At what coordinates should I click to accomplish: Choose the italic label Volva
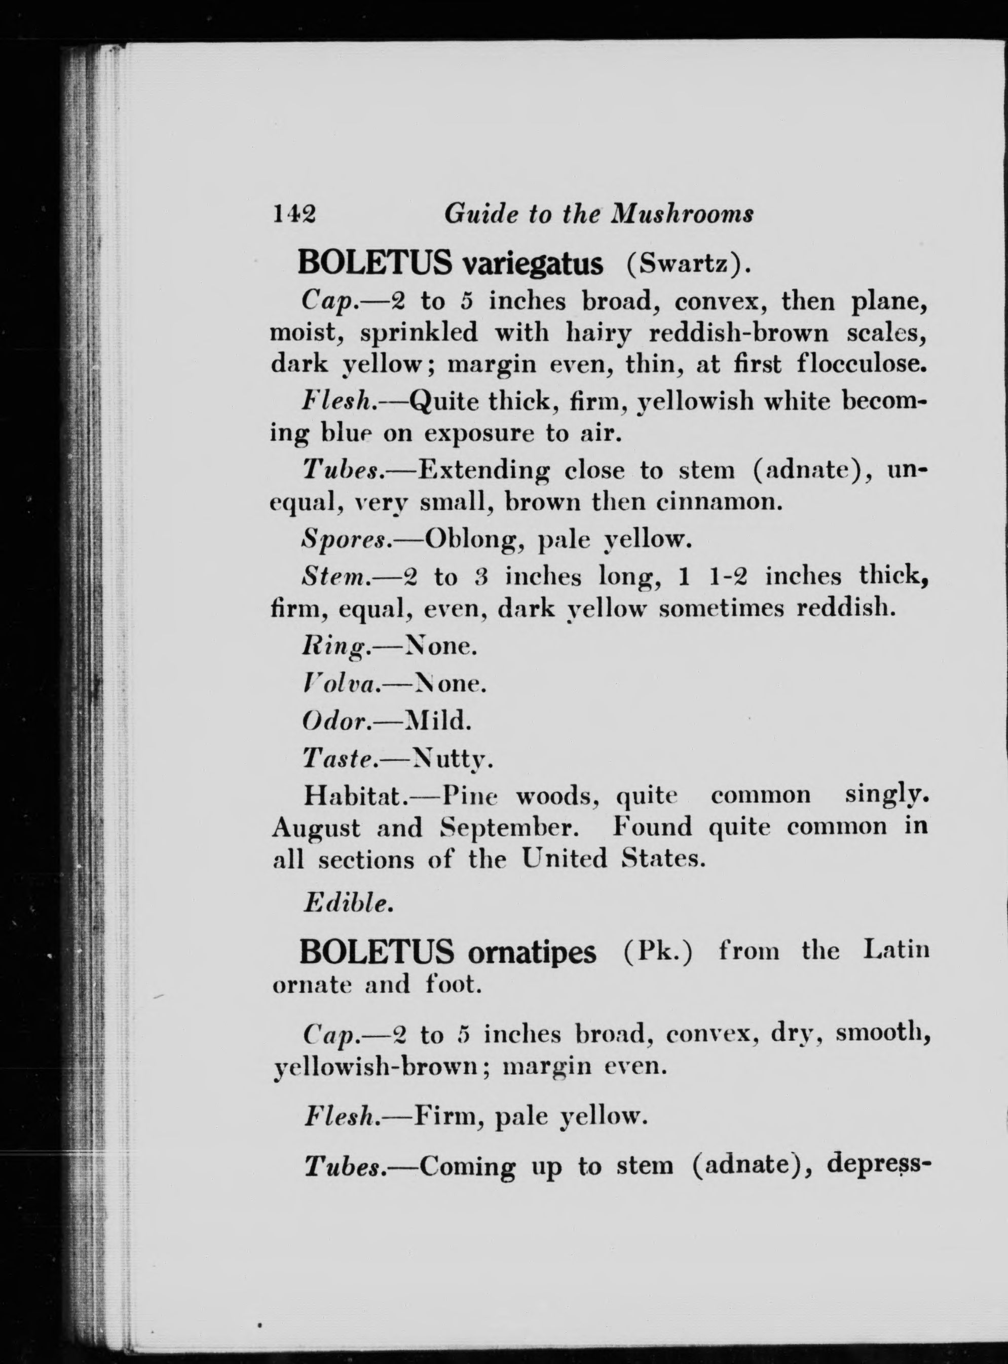[x=342, y=685]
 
